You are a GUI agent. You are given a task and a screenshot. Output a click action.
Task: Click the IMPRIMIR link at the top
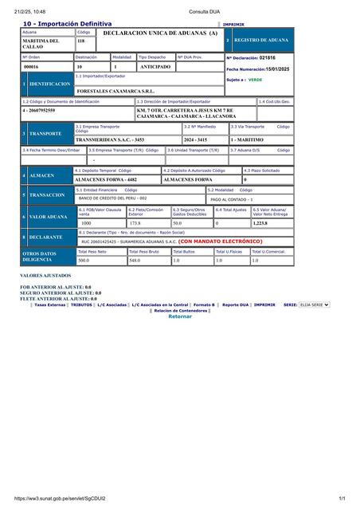tap(233, 25)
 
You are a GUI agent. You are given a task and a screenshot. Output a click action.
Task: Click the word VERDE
tap(255, 80)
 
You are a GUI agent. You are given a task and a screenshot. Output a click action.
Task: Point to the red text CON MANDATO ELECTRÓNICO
tap(220, 241)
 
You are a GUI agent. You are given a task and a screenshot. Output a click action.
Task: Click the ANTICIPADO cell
tap(156, 67)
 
